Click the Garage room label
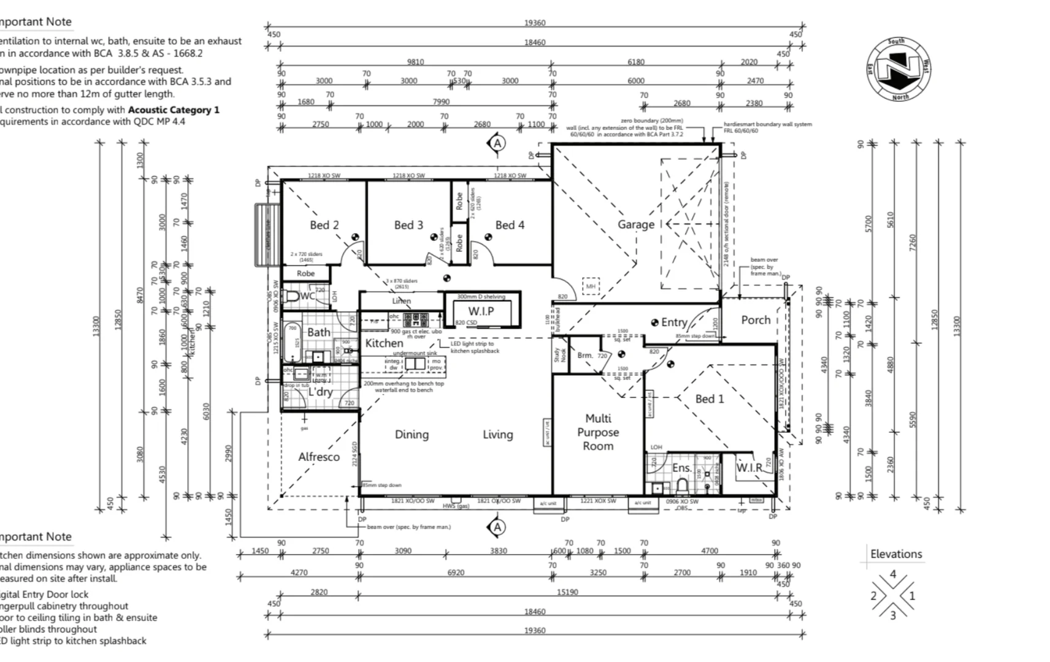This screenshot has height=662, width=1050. pyautogui.click(x=635, y=224)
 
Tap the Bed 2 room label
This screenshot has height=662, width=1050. pyautogui.click(x=324, y=225)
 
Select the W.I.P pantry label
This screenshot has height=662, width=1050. pyautogui.click(x=481, y=311)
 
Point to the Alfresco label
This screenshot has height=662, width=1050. pyautogui.click(x=318, y=457)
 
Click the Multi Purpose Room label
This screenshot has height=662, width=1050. pyautogui.click(x=598, y=432)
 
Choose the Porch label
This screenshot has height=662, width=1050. pyautogui.click(x=755, y=320)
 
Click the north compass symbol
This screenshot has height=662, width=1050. pyautogui.click(x=899, y=69)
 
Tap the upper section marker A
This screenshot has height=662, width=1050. pyautogui.click(x=497, y=143)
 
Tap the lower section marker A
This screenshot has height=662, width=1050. pyautogui.click(x=497, y=527)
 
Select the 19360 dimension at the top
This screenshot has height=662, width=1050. pyautogui.click(x=534, y=23)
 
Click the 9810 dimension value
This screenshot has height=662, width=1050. pyautogui.click(x=415, y=62)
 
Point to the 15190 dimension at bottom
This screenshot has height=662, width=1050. pyautogui.click(x=567, y=592)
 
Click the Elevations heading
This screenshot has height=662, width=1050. pyautogui.click(x=896, y=554)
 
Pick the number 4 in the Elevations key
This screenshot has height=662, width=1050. pyautogui.click(x=893, y=574)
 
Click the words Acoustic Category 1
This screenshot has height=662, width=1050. pyautogui.click(x=174, y=110)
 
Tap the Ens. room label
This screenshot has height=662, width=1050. pyautogui.click(x=681, y=468)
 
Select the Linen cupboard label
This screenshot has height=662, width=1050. pyautogui.click(x=401, y=301)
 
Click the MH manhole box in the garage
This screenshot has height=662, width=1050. pyautogui.click(x=591, y=286)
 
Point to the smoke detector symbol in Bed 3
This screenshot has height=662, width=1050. pyautogui.click(x=434, y=237)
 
